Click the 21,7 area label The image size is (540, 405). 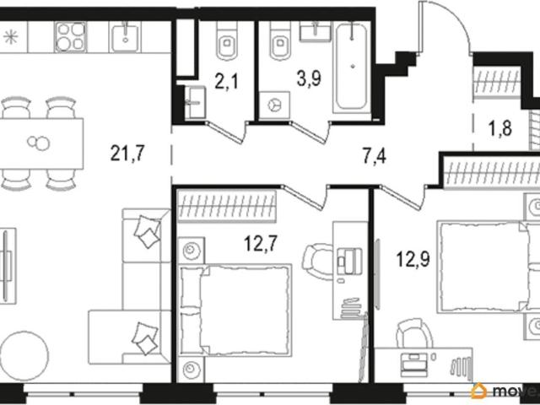(127, 154)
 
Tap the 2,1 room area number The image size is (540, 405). (226, 83)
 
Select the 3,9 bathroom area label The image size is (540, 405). (309, 78)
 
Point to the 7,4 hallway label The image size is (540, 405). (374, 157)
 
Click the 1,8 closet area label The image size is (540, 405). (500, 129)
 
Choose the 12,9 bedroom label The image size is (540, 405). (413, 259)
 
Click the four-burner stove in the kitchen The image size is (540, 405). (70, 36)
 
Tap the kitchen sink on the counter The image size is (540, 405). (126, 36)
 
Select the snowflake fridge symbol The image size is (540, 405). (11, 37)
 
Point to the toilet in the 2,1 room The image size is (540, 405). (226, 40)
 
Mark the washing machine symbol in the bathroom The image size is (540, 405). (274, 105)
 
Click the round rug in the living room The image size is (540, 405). (24, 356)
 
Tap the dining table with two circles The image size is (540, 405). (41, 143)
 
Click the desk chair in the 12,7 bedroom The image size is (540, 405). (317, 262)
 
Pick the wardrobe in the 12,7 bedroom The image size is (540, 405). (227, 206)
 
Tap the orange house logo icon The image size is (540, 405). (479, 391)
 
